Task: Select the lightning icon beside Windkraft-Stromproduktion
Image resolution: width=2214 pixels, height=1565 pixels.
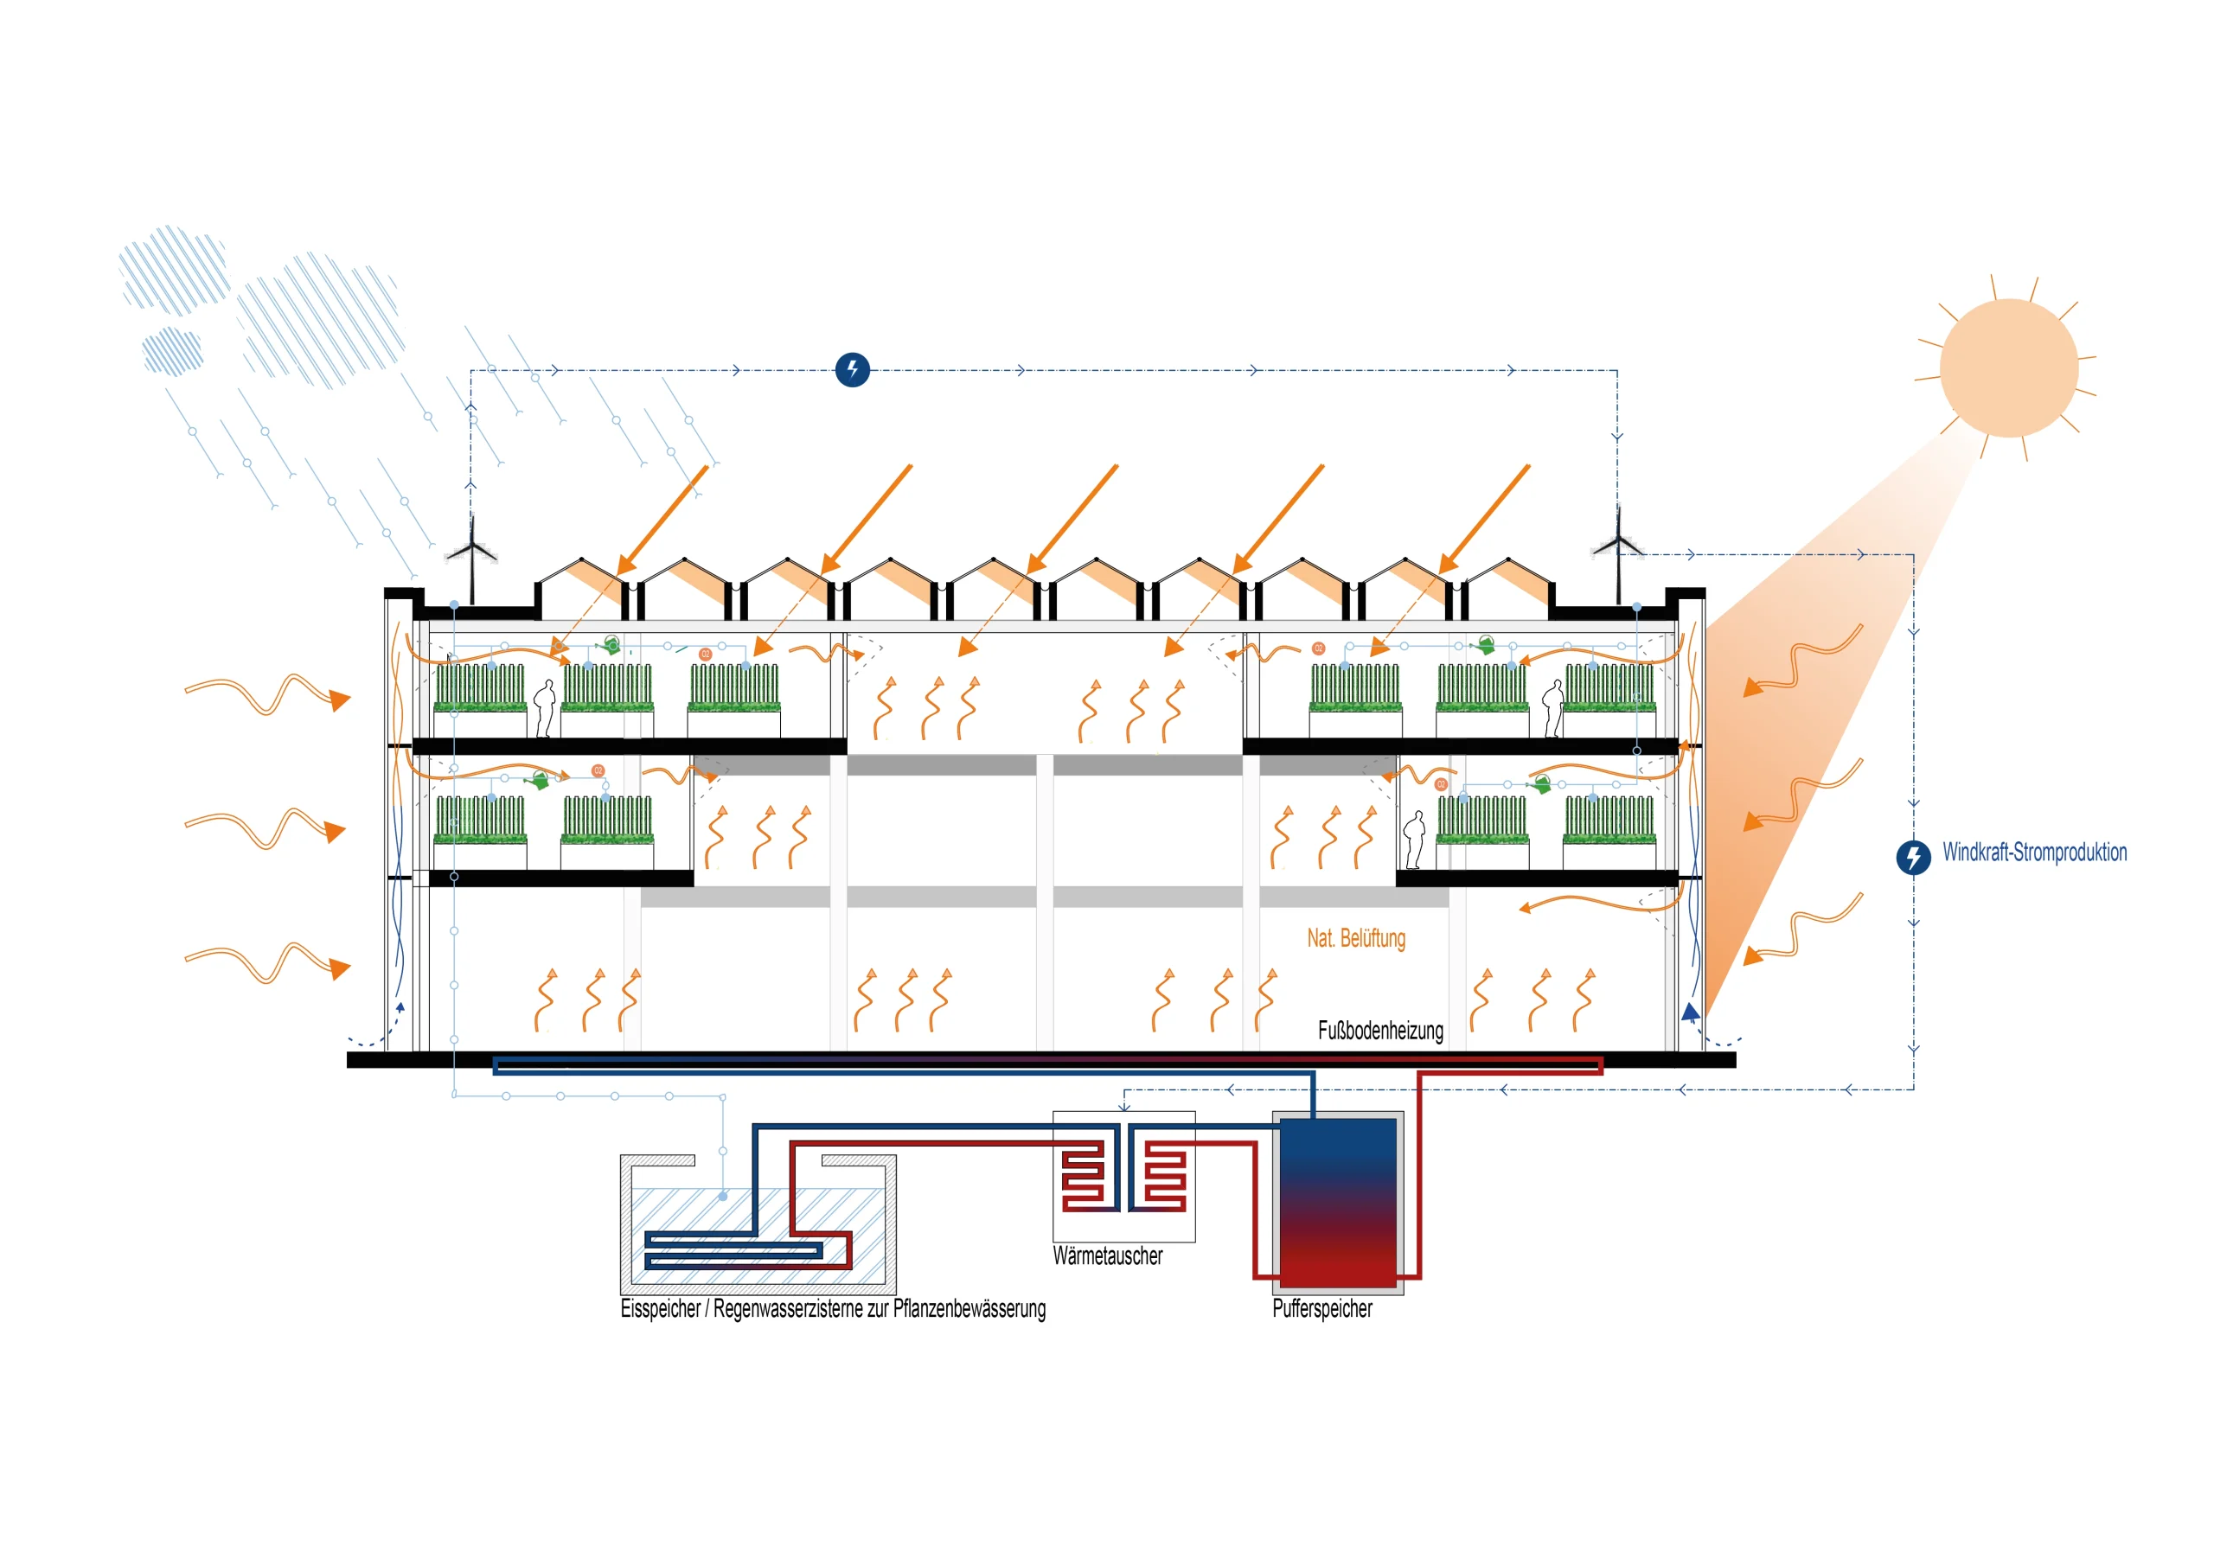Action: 1913,856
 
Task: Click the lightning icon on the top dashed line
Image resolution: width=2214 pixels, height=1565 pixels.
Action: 853,369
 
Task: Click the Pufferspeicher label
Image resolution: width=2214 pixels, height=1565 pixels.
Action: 1322,1308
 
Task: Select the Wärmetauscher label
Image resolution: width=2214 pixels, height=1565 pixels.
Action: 1107,1255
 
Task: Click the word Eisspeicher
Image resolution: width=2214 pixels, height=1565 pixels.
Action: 661,1308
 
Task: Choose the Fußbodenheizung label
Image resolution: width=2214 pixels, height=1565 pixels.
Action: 1380,1030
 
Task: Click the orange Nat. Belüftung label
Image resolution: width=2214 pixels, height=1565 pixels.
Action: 1356,937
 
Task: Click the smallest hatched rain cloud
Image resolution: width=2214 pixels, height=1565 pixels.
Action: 173,350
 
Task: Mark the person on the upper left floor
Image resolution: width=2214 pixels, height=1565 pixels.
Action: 546,708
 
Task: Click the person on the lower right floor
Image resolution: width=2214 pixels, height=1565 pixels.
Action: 1415,839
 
